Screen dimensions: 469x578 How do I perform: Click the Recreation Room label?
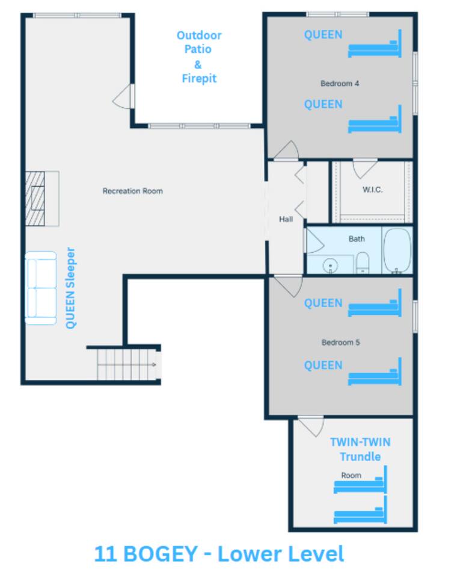[x=132, y=191]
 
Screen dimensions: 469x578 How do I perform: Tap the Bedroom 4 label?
[x=339, y=84]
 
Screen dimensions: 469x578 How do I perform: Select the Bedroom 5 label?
[x=340, y=343]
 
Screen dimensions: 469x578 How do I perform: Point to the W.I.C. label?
[x=373, y=190]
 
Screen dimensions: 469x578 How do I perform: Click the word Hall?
[x=286, y=219]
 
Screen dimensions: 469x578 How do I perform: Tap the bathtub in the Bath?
[x=397, y=250]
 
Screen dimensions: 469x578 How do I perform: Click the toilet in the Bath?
[x=363, y=263]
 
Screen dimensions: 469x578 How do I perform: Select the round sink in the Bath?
[x=330, y=266]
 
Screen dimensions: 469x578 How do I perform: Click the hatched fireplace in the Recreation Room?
[x=35, y=199]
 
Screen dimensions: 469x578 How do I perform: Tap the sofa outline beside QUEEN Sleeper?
[x=41, y=288]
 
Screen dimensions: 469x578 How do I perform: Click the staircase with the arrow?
[x=127, y=365]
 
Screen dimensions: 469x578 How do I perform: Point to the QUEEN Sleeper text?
[x=70, y=288]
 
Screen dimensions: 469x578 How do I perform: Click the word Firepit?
[x=199, y=78]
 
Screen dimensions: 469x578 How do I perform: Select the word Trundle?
[x=360, y=457]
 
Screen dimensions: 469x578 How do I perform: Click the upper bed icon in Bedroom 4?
[x=375, y=44]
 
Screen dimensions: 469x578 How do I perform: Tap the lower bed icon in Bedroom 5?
[x=375, y=372]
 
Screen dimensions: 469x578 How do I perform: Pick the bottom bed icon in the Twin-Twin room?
[x=360, y=510]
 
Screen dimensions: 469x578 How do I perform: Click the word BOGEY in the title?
[x=160, y=554]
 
